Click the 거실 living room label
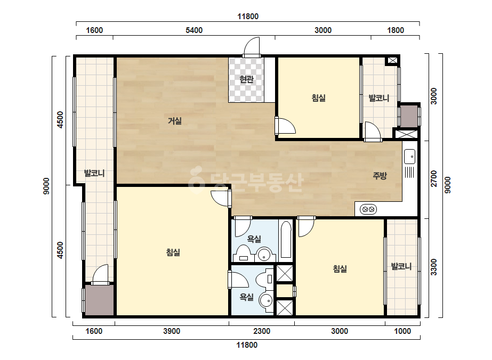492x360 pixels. pos(175,121)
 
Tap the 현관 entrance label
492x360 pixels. pos(246,79)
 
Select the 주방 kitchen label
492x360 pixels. pos(380,176)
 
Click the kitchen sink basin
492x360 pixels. pos(409,157)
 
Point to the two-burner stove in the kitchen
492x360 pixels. pos(368,209)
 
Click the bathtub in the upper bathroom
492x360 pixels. pos(286,240)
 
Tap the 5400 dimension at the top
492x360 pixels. pos(194,30)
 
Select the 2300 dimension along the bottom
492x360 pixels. pos(262,331)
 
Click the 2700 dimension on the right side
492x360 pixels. pos(434,178)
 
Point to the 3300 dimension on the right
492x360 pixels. pos(434,267)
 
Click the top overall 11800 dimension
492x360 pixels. pos(248,17)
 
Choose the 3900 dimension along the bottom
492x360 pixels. pos(172,331)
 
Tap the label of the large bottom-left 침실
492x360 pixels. pos(173,252)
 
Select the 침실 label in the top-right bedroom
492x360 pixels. pos(318,98)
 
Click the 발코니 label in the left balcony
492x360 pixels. pos(94,173)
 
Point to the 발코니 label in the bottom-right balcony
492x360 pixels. pos(401,267)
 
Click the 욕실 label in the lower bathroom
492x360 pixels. pos(247,297)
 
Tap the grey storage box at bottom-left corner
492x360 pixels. pos(100,300)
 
